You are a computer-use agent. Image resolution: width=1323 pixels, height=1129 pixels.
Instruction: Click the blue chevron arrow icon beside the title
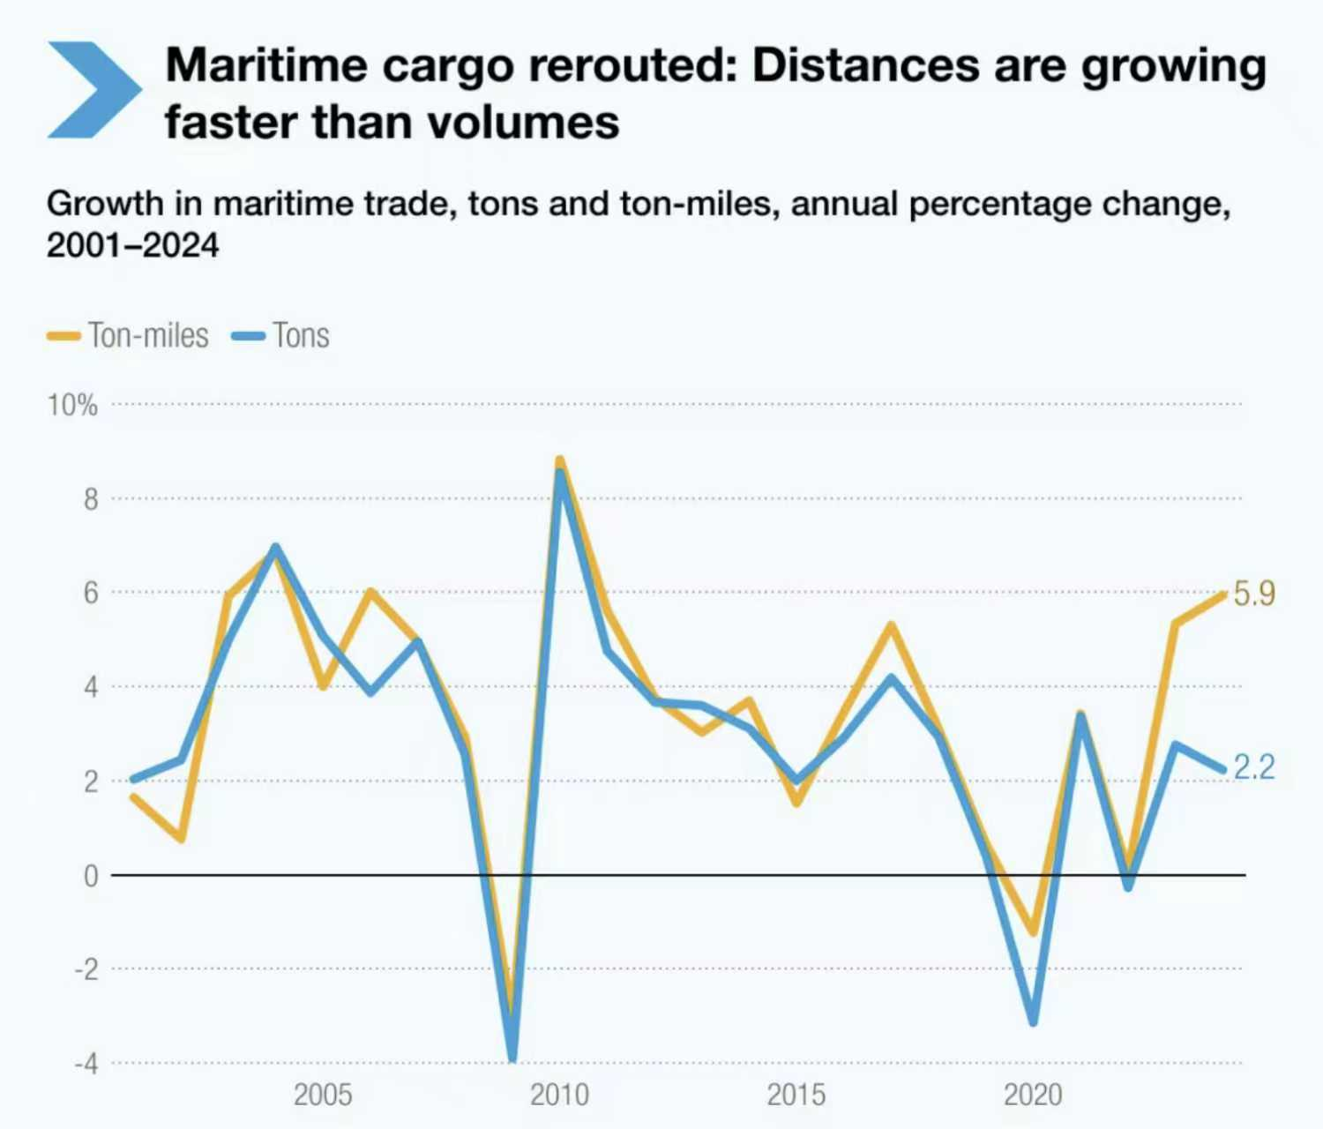point(93,90)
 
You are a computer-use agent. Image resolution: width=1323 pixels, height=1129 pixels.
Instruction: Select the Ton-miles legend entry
point(129,336)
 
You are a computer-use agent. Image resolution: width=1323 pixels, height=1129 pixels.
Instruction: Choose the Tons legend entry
point(282,336)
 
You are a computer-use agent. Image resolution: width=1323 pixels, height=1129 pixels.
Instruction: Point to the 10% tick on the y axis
point(72,406)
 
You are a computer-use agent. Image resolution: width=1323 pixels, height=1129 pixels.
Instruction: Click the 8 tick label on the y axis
point(91,500)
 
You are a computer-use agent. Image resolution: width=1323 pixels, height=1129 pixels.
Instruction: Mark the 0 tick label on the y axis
point(91,876)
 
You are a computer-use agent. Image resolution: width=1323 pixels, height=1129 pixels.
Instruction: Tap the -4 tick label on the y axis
point(86,1064)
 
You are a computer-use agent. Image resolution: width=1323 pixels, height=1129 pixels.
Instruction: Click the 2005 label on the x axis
point(323,1095)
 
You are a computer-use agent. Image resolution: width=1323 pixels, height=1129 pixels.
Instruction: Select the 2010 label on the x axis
point(559,1095)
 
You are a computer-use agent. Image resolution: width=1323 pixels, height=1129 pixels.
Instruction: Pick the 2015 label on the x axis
point(796,1095)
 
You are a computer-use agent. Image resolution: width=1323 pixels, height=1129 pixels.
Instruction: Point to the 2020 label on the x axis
point(1033,1095)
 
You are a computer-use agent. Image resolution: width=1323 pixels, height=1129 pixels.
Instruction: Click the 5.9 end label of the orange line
point(1253,594)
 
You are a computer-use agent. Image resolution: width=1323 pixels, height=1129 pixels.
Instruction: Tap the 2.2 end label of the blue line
point(1253,767)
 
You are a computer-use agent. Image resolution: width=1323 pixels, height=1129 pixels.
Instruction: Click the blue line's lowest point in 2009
point(512,1057)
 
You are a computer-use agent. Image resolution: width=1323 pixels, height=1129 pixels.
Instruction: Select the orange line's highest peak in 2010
point(559,460)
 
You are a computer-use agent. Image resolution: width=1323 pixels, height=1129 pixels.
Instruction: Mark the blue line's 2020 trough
point(1033,1022)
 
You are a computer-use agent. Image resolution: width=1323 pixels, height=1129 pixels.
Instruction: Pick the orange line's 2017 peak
point(891,625)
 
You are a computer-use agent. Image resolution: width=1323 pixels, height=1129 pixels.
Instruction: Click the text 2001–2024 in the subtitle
point(132,245)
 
